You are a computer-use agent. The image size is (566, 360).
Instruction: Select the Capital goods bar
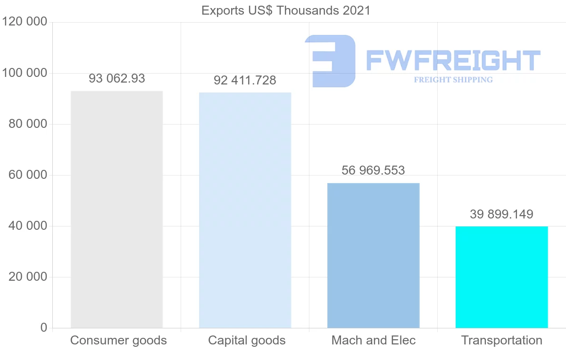click(x=245, y=210)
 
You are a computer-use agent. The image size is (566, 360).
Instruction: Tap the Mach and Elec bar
click(x=373, y=255)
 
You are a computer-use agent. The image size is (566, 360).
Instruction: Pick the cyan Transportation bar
click(x=501, y=277)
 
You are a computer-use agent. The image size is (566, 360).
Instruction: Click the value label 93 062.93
click(x=117, y=79)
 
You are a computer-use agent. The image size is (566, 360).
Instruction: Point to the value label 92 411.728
click(x=245, y=81)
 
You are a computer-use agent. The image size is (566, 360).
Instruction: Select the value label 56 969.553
click(x=373, y=170)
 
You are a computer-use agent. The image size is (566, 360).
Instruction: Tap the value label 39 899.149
click(x=501, y=214)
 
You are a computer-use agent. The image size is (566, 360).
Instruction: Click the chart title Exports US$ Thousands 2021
click(x=286, y=10)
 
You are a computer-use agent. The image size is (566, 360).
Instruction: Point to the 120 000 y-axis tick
click(x=25, y=22)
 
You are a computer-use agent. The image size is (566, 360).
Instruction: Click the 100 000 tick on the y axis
click(x=25, y=73)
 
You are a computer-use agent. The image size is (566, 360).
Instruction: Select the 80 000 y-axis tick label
click(x=28, y=124)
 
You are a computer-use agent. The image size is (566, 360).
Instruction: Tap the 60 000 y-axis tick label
click(x=28, y=175)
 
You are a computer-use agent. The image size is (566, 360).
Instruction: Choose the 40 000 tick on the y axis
click(x=28, y=226)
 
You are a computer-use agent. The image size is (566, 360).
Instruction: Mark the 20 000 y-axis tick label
click(x=28, y=277)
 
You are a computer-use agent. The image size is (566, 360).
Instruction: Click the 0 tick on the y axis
click(x=43, y=328)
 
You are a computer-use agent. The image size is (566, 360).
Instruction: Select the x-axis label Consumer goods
click(x=118, y=340)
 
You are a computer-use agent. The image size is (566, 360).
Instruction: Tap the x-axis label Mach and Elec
click(x=374, y=340)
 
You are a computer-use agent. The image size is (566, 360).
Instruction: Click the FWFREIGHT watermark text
click(x=453, y=60)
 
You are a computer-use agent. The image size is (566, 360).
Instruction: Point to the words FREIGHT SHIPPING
click(x=453, y=80)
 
